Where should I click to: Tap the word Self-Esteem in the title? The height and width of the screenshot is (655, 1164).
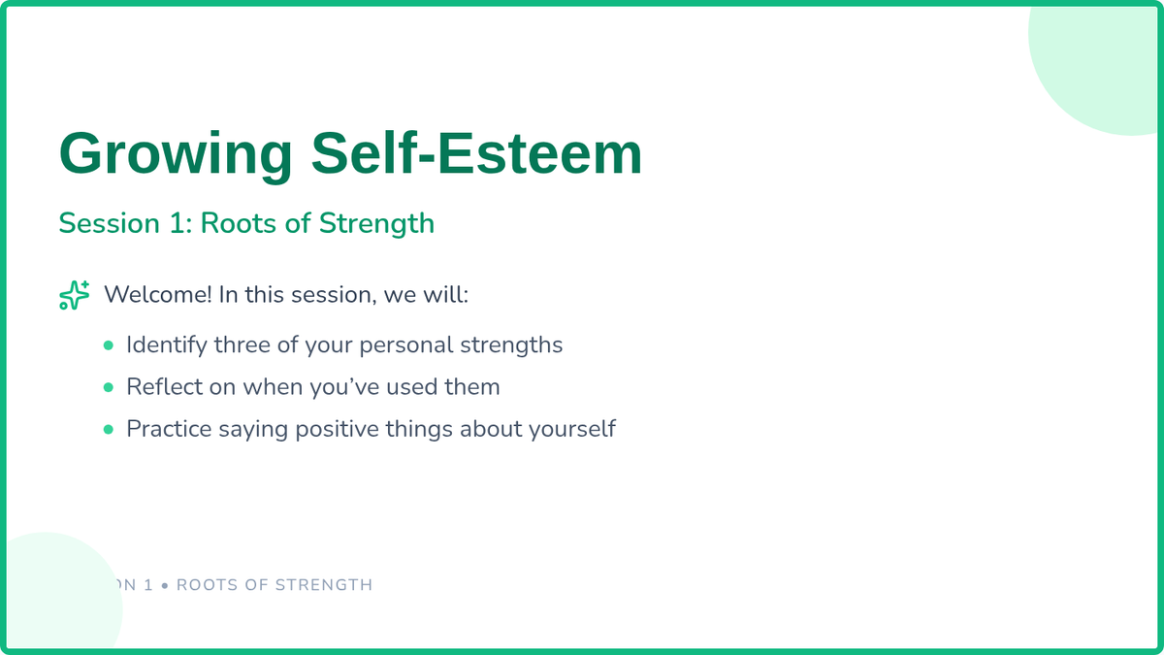pyautogui.click(x=476, y=153)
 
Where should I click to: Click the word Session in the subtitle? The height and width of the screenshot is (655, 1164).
pyautogui.click(x=109, y=223)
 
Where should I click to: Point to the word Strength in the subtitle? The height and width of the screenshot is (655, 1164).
pyautogui.click(x=376, y=224)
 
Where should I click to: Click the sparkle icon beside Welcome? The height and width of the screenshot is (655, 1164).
pyautogui.click(x=75, y=295)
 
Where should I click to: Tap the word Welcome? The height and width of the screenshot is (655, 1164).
pyautogui.click(x=158, y=294)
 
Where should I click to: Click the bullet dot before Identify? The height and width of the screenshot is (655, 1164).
pyautogui.click(x=108, y=345)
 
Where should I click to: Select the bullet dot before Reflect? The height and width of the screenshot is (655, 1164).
pyautogui.click(x=108, y=387)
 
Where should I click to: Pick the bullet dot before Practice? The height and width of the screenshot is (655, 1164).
pyautogui.click(x=108, y=429)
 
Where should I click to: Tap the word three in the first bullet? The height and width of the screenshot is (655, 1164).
pyautogui.click(x=242, y=344)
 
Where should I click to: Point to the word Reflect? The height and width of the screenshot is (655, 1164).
pyautogui.click(x=164, y=387)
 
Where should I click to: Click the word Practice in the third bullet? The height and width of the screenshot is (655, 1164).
pyautogui.click(x=169, y=429)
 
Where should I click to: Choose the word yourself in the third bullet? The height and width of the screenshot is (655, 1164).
pyautogui.click(x=571, y=430)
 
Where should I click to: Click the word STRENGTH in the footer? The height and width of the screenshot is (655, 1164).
pyautogui.click(x=324, y=585)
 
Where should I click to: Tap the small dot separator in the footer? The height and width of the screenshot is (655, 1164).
pyautogui.click(x=165, y=585)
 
